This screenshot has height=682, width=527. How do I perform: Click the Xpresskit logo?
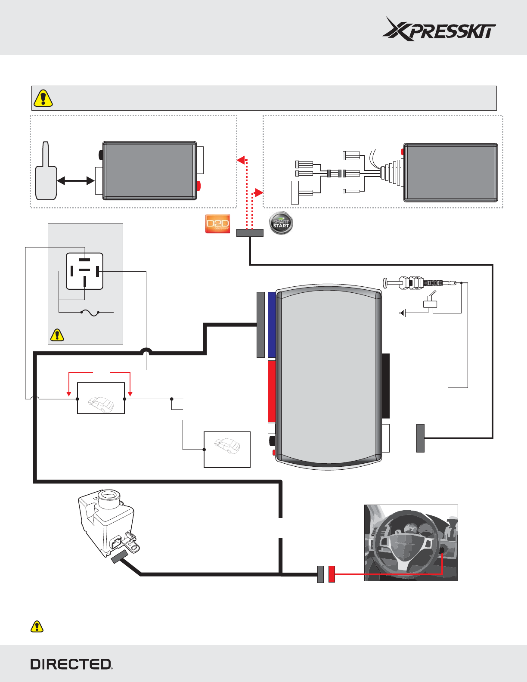(x=439, y=29)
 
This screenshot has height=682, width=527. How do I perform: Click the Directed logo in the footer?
(x=71, y=664)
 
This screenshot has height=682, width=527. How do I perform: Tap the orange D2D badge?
(x=218, y=224)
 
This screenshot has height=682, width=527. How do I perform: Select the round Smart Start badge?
(x=281, y=223)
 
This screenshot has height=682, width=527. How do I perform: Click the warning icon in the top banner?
(x=43, y=98)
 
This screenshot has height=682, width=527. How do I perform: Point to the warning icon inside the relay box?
(x=57, y=335)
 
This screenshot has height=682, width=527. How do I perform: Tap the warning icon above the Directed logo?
(x=37, y=626)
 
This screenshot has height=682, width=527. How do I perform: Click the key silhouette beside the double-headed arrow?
(x=46, y=172)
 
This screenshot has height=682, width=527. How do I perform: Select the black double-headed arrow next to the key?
(x=76, y=181)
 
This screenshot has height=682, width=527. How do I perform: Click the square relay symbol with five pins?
(x=84, y=271)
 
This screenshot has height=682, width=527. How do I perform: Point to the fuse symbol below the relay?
(x=90, y=313)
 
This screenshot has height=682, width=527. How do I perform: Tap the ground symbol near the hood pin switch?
(x=403, y=313)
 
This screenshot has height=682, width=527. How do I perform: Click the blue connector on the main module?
(x=272, y=325)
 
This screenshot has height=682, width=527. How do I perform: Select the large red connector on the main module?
(x=272, y=391)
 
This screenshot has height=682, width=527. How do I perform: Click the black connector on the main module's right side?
(x=386, y=386)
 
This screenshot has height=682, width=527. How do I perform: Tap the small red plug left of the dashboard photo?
(x=332, y=574)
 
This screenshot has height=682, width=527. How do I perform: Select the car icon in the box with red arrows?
(x=101, y=403)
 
